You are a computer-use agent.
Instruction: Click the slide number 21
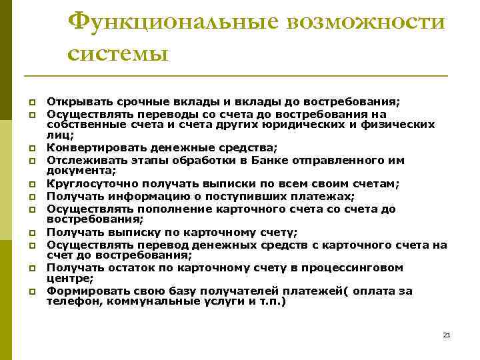pos(447,335)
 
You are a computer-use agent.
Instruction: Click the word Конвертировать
pos(94,147)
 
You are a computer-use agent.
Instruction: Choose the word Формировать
pos(83,291)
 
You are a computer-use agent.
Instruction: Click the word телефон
pos(68,301)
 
